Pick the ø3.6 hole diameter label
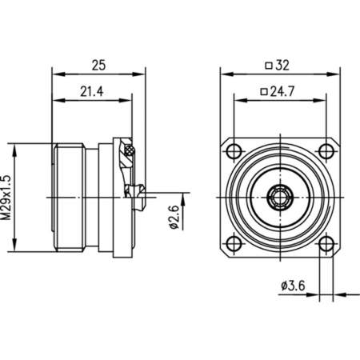pyautogui.click(x=294, y=286)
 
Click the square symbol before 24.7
pyautogui.click(x=263, y=92)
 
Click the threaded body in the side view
pyautogui.click(x=72, y=196)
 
